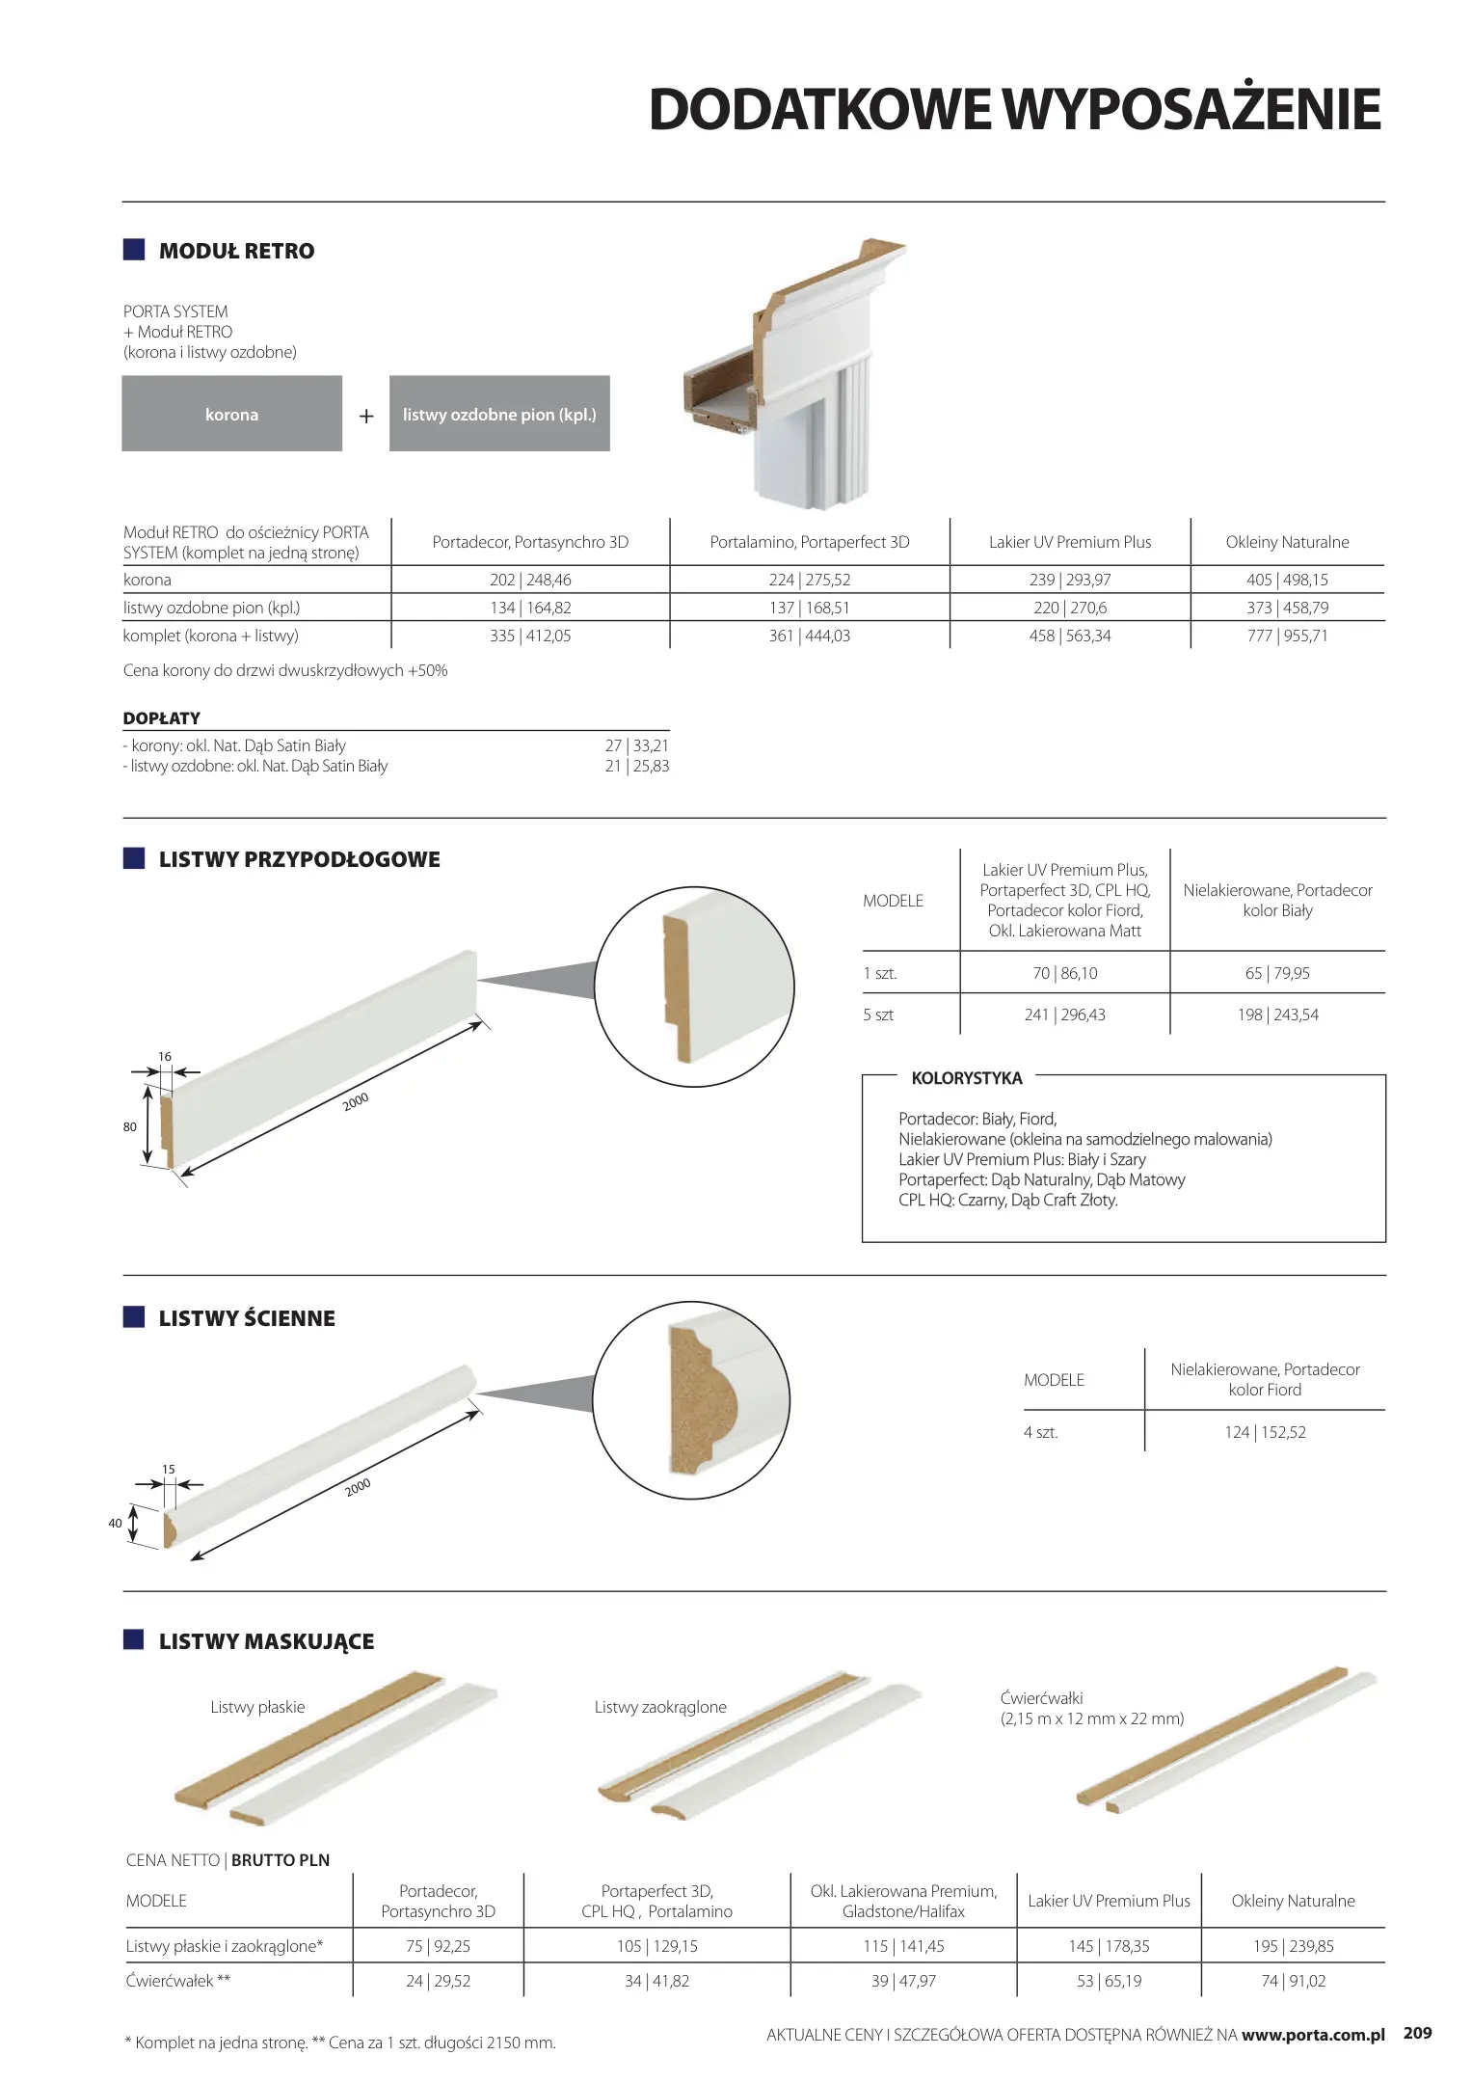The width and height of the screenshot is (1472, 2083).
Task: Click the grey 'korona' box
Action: click(x=231, y=414)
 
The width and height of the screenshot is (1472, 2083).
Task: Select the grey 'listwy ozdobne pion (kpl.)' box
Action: click(x=499, y=414)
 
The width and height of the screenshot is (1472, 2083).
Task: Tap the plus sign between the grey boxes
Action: click(x=366, y=417)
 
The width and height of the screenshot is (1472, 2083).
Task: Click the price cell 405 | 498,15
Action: click(x=1287, y=580)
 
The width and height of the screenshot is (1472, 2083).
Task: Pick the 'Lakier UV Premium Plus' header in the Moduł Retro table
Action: click(x=1070, y=542)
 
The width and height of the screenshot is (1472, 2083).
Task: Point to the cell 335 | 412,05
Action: click(x=530, y=636)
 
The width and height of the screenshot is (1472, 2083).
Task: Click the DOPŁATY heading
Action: click(x=162, y=718)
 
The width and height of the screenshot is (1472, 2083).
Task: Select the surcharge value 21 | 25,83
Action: click(x=636, y=766)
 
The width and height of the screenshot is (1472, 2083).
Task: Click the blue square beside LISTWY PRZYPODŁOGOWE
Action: click(x=134, y=858)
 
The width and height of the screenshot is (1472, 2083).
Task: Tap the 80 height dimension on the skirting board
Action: click(x=130, y=1126)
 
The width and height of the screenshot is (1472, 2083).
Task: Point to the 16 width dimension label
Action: click(x=165, y=1056)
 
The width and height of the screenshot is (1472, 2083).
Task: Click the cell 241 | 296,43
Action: click(x=1064, y=1014)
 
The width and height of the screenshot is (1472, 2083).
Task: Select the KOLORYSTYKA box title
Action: click(x=967, y=1078)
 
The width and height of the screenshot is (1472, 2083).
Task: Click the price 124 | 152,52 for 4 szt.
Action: click(x=1265, y=1432)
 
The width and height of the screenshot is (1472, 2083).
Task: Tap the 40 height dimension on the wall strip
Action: click(x=116, y=1524)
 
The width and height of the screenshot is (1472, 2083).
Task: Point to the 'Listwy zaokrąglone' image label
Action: click(x=660, y=1707)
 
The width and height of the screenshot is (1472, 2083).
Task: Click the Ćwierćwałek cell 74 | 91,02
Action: click(x=1293, y=1981)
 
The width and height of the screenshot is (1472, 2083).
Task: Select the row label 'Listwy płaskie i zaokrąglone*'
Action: click(x=225, y=1946)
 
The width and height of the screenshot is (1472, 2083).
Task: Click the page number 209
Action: click(x=1417, y=2033)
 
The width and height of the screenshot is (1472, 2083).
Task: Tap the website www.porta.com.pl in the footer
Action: click(x=1313, y=2035)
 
